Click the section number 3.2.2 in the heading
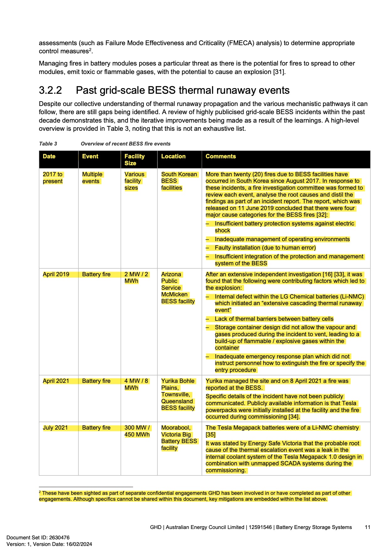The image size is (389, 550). click(x=50, y=90)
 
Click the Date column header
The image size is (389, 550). click(x=49, y=156)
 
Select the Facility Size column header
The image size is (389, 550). click(x=134, y=160)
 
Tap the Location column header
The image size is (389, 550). click(x=173, y=156)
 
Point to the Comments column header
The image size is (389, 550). click(x=221, y=156)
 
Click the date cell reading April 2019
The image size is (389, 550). click(x=56, y=274)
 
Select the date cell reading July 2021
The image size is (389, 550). click(x=55, y=428)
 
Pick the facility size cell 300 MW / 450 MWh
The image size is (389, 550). click(x=137, y=431)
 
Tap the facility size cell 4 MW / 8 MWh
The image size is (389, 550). click(x=136, y=384)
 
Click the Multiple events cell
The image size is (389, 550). click(x=92, y=178)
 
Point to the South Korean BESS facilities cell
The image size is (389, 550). click(x=179, y=181)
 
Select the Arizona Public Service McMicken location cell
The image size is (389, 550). click(x=178, y=288)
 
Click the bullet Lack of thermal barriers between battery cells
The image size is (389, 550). click(x=274, y=319)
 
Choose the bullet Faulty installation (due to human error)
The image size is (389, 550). click(x=265, y=248)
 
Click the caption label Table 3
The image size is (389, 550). click(x=48, y=144)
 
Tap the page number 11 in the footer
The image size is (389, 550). click(x=367, y=527)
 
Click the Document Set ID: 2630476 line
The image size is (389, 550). click(x=38, y=537)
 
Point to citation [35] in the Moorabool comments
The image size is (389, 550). click(x=210, y=435)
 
